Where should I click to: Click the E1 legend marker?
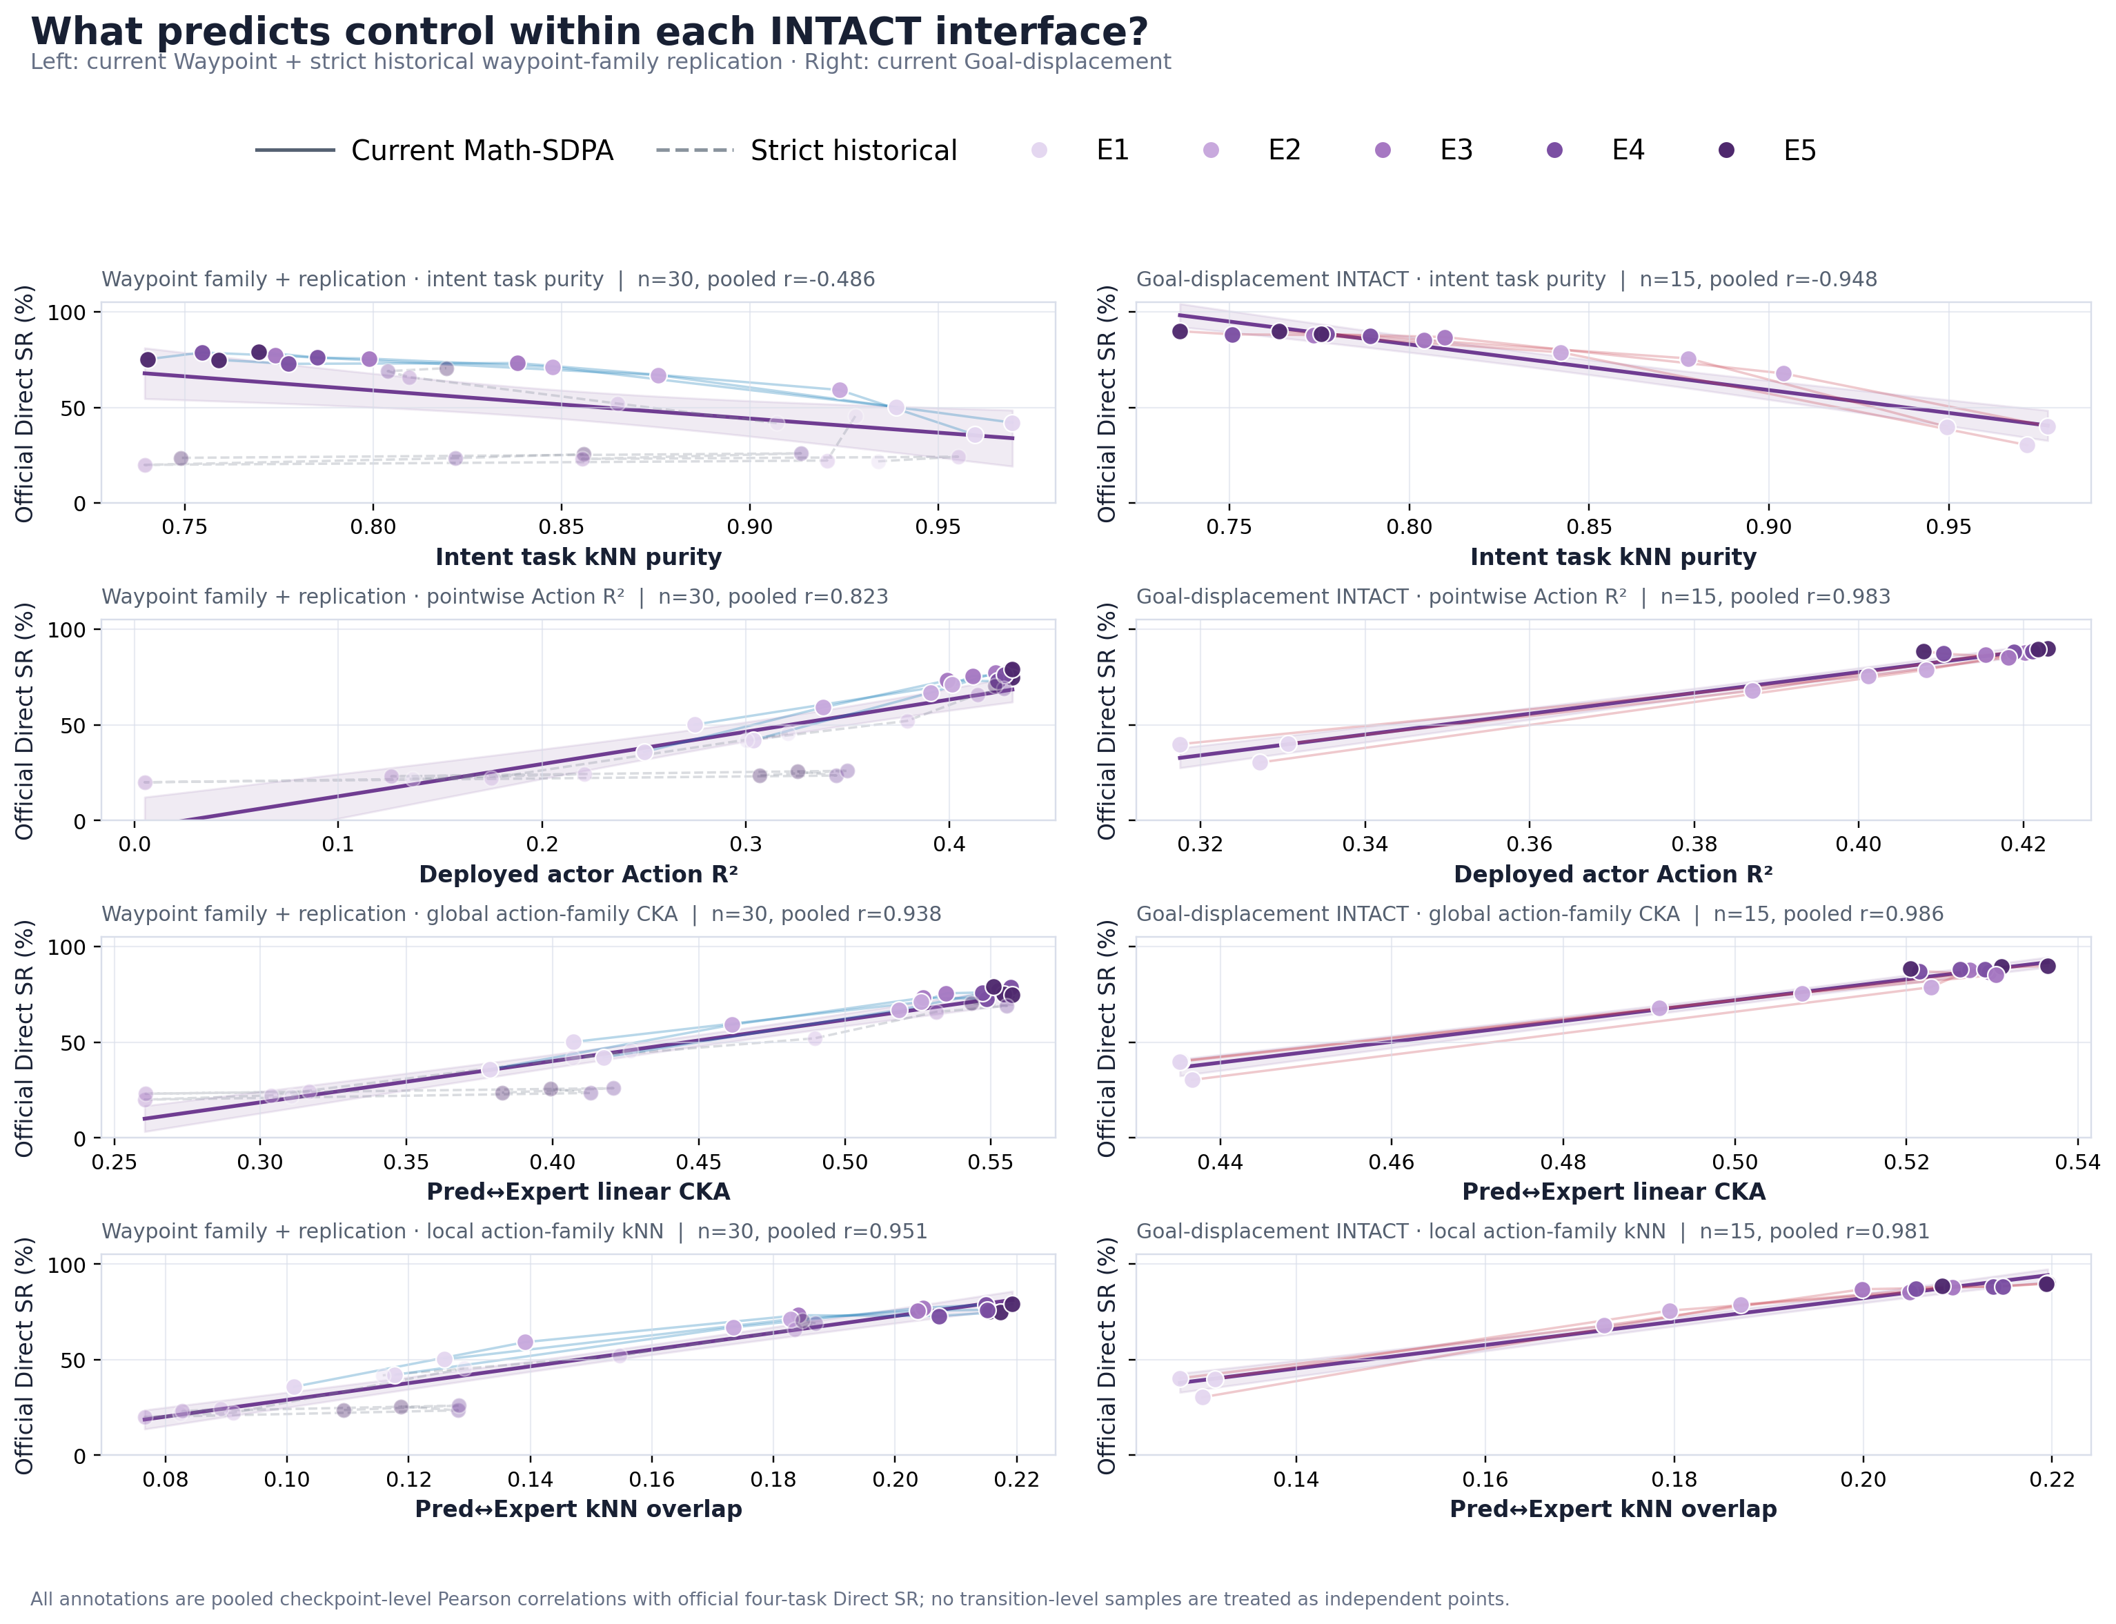1039,150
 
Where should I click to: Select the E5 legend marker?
1726,150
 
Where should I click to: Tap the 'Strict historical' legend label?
853,151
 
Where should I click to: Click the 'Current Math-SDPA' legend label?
482,151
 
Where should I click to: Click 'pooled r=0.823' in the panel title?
773,597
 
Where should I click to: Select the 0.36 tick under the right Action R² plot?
1530,844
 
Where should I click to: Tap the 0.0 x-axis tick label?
135,844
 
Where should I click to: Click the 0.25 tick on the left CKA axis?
114,1161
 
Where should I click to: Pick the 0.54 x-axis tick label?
2077,1161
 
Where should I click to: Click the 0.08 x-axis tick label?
166,1479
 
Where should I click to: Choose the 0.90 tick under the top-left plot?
750,527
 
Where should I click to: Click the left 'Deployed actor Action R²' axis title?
578,874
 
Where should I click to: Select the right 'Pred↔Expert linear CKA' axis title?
1613,1192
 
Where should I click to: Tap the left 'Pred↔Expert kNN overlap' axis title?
578,1509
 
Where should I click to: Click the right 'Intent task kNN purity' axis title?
1613,557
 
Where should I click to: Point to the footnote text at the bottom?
769,1599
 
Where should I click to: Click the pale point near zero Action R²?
145,782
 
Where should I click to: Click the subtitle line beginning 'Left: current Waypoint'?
600,62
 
